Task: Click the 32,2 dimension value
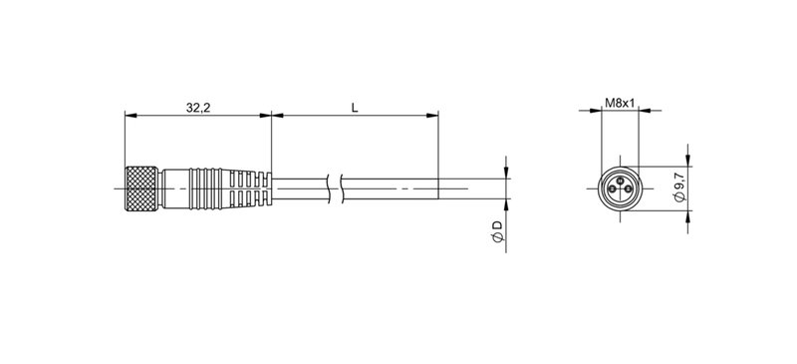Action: tap(197, 106)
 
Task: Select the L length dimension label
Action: tap(355, 106)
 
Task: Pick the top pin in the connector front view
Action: tap(621, 179)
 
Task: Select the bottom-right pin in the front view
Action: tap(628, 188)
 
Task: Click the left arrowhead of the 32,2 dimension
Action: tap(129, 116)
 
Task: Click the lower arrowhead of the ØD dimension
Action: tap(505, 202)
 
